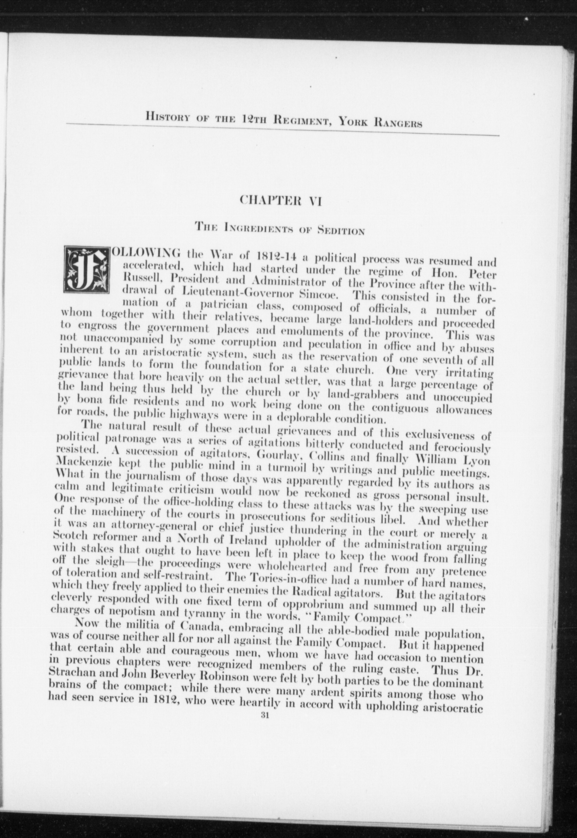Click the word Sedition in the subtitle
[x=341, y=232]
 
